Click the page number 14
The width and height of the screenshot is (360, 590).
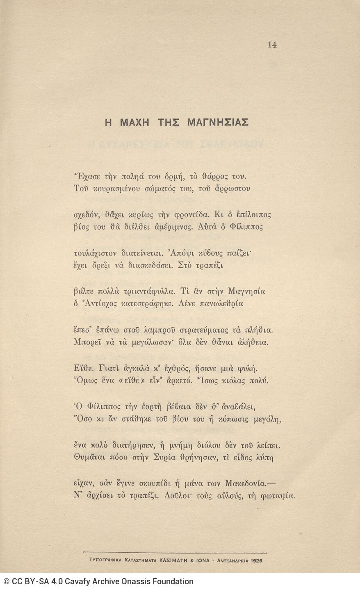pyautogui.click(x=272, y=45)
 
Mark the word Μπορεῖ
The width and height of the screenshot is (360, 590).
pyautogui.click(x=86, y=342)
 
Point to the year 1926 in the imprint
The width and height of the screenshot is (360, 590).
pyautogui.click(x=255, y=559)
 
